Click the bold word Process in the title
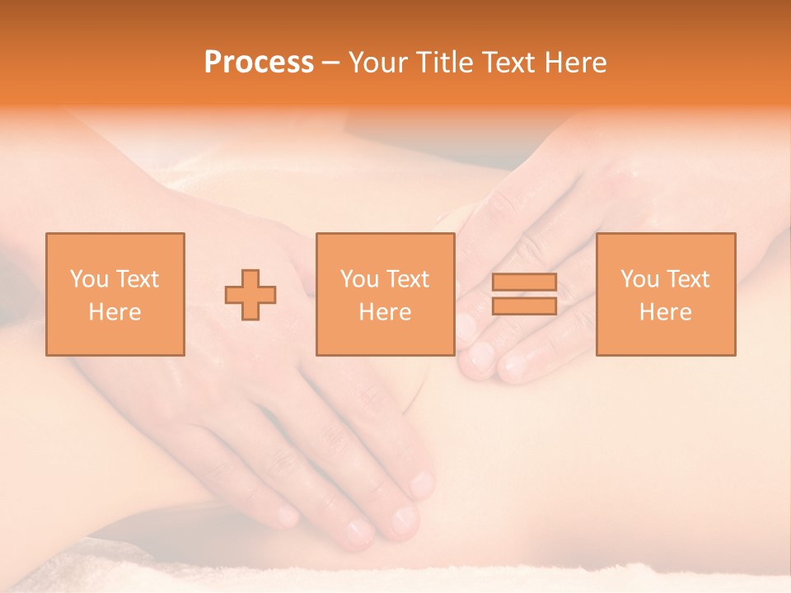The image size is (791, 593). tap(259, 63)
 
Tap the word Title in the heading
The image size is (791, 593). tap(442, 63)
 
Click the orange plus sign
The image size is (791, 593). tap(250, 294)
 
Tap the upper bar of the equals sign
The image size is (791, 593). tap(524, 282)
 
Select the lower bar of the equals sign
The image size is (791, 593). tap(524, 306)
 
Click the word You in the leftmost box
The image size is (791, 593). tap(88, 279)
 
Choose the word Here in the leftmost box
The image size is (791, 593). tap(115, 312)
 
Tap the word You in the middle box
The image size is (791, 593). tap(359, 279)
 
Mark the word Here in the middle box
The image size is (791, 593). tap(386, 312)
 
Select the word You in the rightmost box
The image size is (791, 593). tap(639, 279)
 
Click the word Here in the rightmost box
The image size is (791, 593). tap(666, 312)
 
